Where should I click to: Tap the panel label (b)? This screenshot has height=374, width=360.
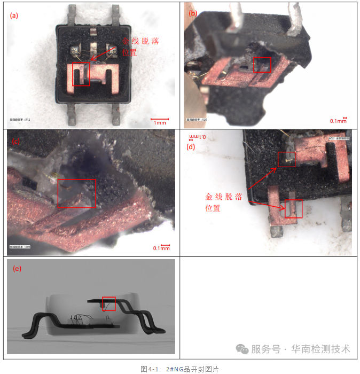(193, 12)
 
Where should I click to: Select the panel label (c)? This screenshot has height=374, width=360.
(16, 142)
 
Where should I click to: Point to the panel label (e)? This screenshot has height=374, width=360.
(17, 269)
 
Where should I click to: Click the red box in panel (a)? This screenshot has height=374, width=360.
(81, 75)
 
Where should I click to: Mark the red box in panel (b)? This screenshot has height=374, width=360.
(262, 65)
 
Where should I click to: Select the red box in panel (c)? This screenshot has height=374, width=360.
(77, 193)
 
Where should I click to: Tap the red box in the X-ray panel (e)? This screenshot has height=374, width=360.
(109, 303)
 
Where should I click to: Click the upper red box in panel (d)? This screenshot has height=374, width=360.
(286, 159)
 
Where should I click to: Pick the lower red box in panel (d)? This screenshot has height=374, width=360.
(293, 209)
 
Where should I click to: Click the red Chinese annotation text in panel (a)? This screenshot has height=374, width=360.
(140, 47)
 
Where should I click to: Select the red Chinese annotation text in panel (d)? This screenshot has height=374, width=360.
(224, 202)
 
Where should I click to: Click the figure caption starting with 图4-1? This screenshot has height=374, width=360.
(179, 369)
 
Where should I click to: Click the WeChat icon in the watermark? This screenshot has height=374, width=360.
(242, 349)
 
